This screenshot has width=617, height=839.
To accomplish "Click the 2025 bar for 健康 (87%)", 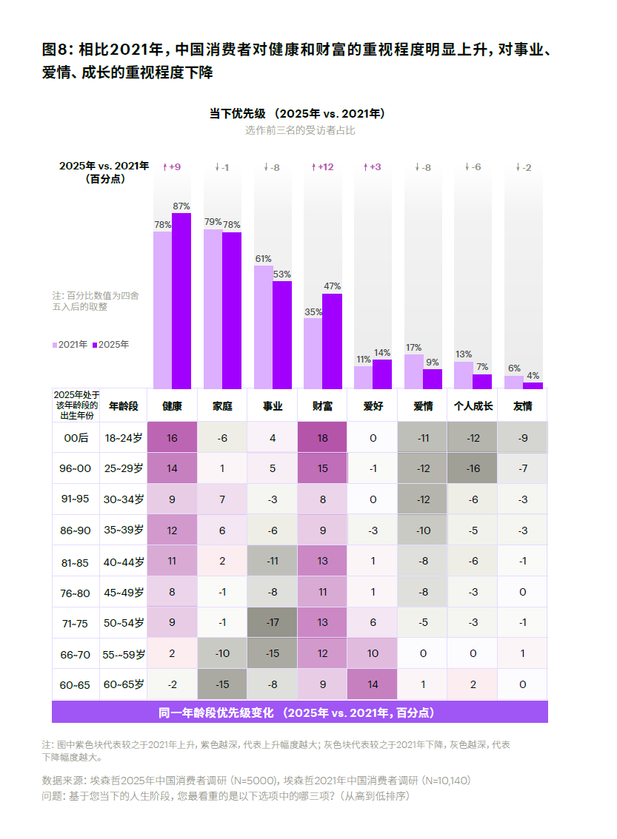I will (x=181, y=300).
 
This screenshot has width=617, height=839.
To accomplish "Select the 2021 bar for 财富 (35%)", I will (x=313, y=354).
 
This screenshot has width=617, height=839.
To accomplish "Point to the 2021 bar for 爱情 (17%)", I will (x=413, y=371).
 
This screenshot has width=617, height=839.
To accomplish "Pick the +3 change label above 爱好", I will (x=372, y=167).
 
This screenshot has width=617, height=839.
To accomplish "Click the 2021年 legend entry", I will (x=70, y=345).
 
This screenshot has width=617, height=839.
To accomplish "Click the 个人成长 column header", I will (x=473, y=406).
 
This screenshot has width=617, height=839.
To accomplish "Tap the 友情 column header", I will (x=522, y=406).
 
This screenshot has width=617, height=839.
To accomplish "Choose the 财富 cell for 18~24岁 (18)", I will (x=322, y=438).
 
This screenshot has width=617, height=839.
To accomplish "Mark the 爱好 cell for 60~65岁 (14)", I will (x=373, y=684).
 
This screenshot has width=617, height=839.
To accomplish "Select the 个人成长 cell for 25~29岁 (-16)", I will (x=473, y=468).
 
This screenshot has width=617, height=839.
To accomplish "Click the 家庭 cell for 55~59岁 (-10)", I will (x=222, y=653).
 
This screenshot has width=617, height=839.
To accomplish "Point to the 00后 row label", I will (x=76, y=438).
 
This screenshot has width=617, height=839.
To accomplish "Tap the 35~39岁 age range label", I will (x=124, y=530).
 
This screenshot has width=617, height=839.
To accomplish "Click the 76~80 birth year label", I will (x=76, y=592).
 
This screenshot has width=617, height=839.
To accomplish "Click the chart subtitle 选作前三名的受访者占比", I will (x=300, y=130).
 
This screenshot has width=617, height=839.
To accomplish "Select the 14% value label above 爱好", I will (x=381, y=353).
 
